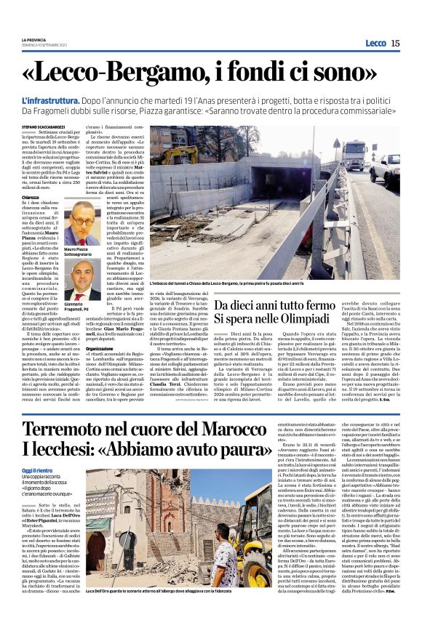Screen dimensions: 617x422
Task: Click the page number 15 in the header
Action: (x=395, y=43)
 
